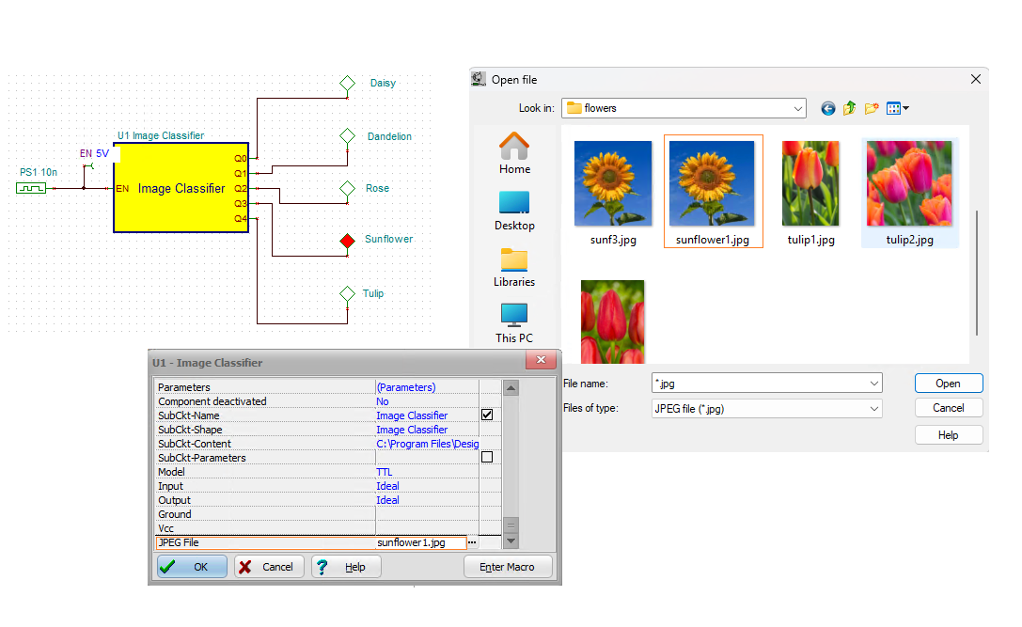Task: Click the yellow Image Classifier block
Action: (181, 189)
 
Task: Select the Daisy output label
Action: (383, 83)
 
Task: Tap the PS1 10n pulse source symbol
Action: (31, 188)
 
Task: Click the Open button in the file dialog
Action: (948, 384)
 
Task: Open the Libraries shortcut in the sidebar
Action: (514, 267)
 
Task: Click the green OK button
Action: (192, 567)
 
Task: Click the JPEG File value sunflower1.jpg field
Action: (419, 542)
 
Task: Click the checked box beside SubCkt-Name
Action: (487, 415)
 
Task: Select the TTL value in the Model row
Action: (385, 472)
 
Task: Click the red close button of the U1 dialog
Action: (541, 362)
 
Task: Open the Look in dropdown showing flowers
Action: (684, 108)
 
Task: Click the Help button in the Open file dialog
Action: (948, 435)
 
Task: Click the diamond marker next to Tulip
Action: (347, 293)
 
